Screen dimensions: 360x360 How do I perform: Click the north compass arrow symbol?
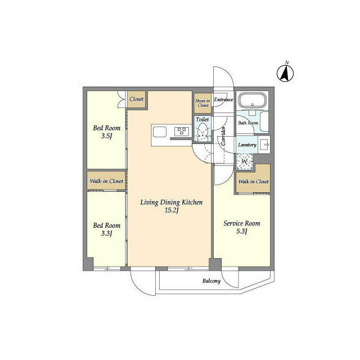click(x=285, y=73)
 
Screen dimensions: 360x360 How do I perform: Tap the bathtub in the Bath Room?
click(x=253, y=100)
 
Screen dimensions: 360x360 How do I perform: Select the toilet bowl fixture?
click(x=202, y=132)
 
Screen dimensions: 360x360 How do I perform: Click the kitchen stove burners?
click(x=181, y=131)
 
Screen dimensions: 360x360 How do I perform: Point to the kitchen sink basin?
click(x=160, y=132)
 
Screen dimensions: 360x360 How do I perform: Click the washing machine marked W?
click(x=245, y=161)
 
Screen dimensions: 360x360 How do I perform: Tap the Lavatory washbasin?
click(x=264, y=145)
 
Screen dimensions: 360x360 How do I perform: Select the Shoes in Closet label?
click(x=202, y=103)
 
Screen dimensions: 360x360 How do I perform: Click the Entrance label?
click(x=223, y=100)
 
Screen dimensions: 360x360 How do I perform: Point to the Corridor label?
click(x=224, y=136)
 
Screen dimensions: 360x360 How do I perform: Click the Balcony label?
click(x=211, y=281)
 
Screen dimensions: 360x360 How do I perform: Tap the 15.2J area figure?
click(x=172, y=210)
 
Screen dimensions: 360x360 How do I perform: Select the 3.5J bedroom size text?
click(x=106, y=136)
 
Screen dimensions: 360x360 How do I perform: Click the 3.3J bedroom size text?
click(x=106, y=233)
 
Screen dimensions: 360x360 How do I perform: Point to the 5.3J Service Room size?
click(x=242, y=231)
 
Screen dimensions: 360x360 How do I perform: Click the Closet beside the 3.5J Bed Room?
click(x=136, y=99)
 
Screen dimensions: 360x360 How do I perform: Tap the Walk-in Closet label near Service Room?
click(x=253, y=181)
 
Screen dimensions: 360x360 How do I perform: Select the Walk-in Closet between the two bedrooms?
click(x=106, y=181)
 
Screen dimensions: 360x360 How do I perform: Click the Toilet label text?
click(x=202, y=119)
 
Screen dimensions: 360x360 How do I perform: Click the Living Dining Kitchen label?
click(x=172, y=202)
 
